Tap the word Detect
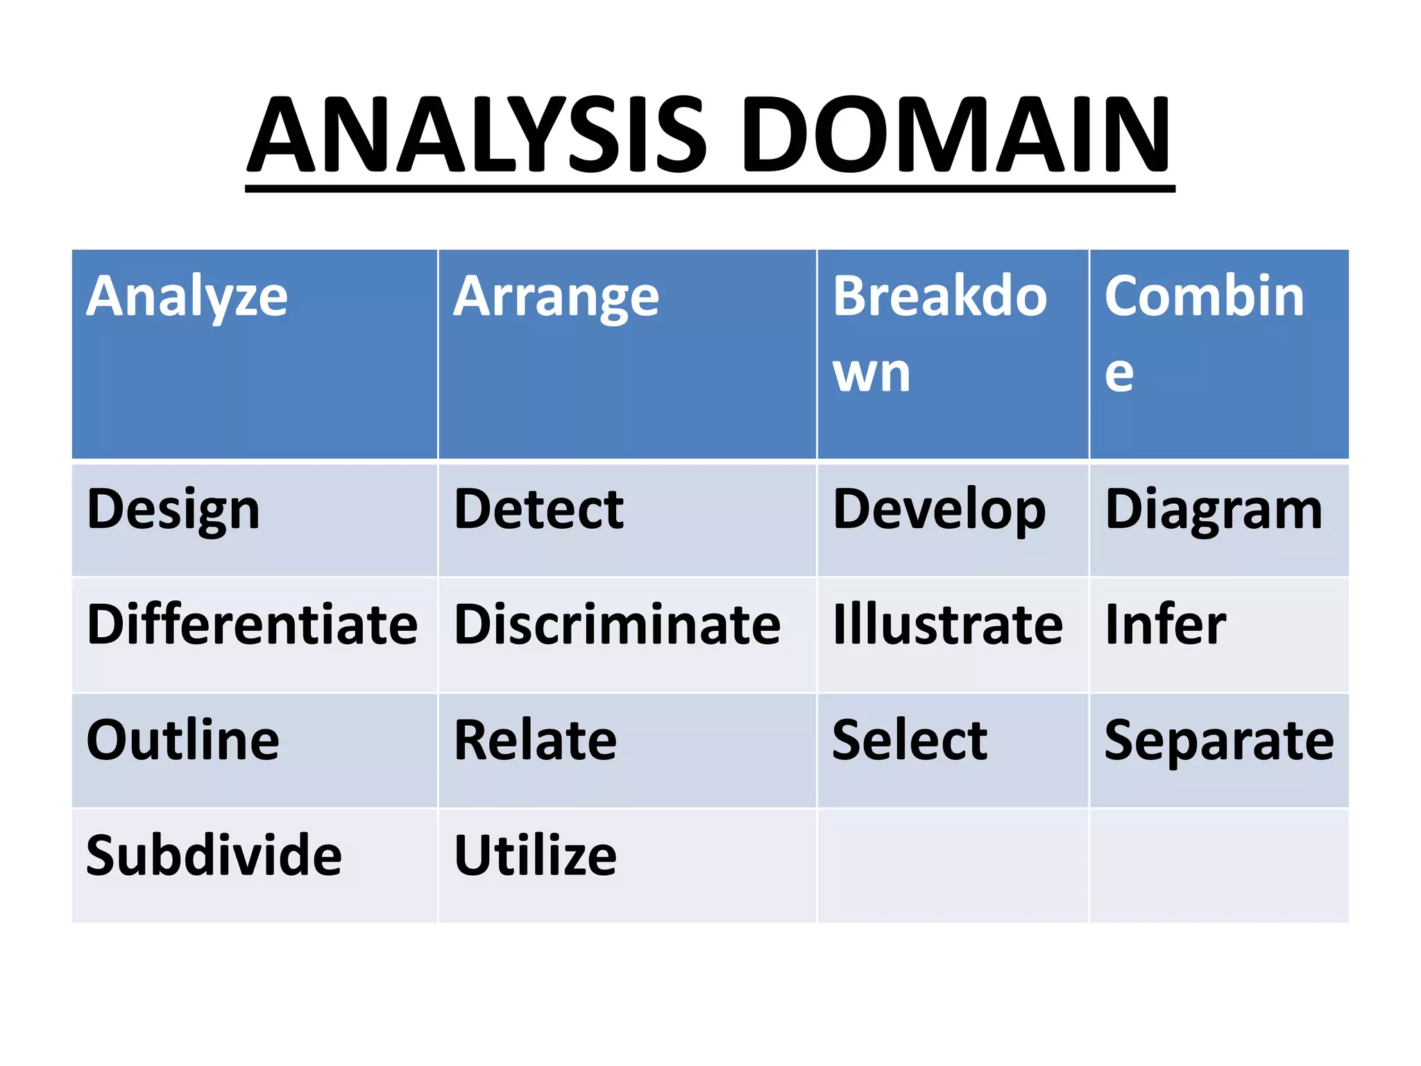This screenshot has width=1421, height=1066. [x=538, y=510]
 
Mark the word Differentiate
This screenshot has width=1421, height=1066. [x=252, y=625]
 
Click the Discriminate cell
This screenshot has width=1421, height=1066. [x=617, y=625]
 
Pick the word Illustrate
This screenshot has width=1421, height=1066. [x=947, y=625]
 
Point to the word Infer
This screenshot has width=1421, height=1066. [x=1165, y=625]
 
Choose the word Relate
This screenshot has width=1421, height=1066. [x=535, y=740]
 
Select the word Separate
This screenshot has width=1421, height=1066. [x=1218, y=740]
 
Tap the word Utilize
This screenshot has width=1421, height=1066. [x=535, y=855]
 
